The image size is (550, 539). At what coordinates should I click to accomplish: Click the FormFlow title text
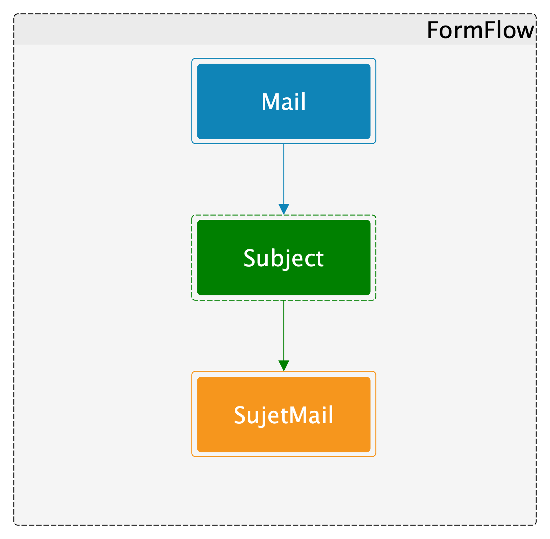tap(480, 30)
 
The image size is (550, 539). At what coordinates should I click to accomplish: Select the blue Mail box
tap(284, 101)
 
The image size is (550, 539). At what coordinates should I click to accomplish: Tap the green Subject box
tap(284, 258)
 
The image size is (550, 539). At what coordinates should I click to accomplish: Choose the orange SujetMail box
tap(284, 414)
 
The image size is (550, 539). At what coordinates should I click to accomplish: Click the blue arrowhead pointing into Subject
tap(284, 209)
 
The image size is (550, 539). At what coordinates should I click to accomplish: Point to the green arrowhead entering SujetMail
tap(284, 366)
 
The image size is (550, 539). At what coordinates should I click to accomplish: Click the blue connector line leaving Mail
tap(284, 174)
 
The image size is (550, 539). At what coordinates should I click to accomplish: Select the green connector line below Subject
tap(284, 330)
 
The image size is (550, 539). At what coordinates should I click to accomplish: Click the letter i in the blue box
tap(296, 102)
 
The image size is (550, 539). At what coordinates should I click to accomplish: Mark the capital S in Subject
tap(250, 258)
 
